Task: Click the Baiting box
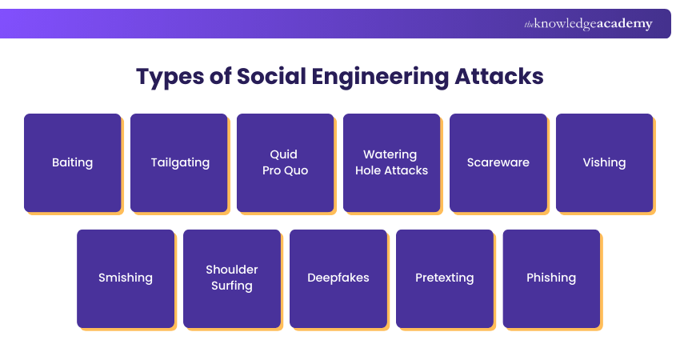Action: [73, 162]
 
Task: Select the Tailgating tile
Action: [179, 162]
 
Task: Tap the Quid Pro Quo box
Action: [286, 162]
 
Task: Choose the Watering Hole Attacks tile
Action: [392, 162]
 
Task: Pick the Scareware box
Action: [498, 162]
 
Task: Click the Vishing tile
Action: [605, 162]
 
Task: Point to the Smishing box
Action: [126, 278]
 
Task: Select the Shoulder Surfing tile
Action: [232, 278]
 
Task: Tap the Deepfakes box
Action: [338, 278]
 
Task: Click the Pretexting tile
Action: [445, 278]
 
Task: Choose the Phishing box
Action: [551, 278]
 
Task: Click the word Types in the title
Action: [169, 77]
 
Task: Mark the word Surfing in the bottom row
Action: [232, 286]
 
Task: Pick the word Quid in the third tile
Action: [284, 154]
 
